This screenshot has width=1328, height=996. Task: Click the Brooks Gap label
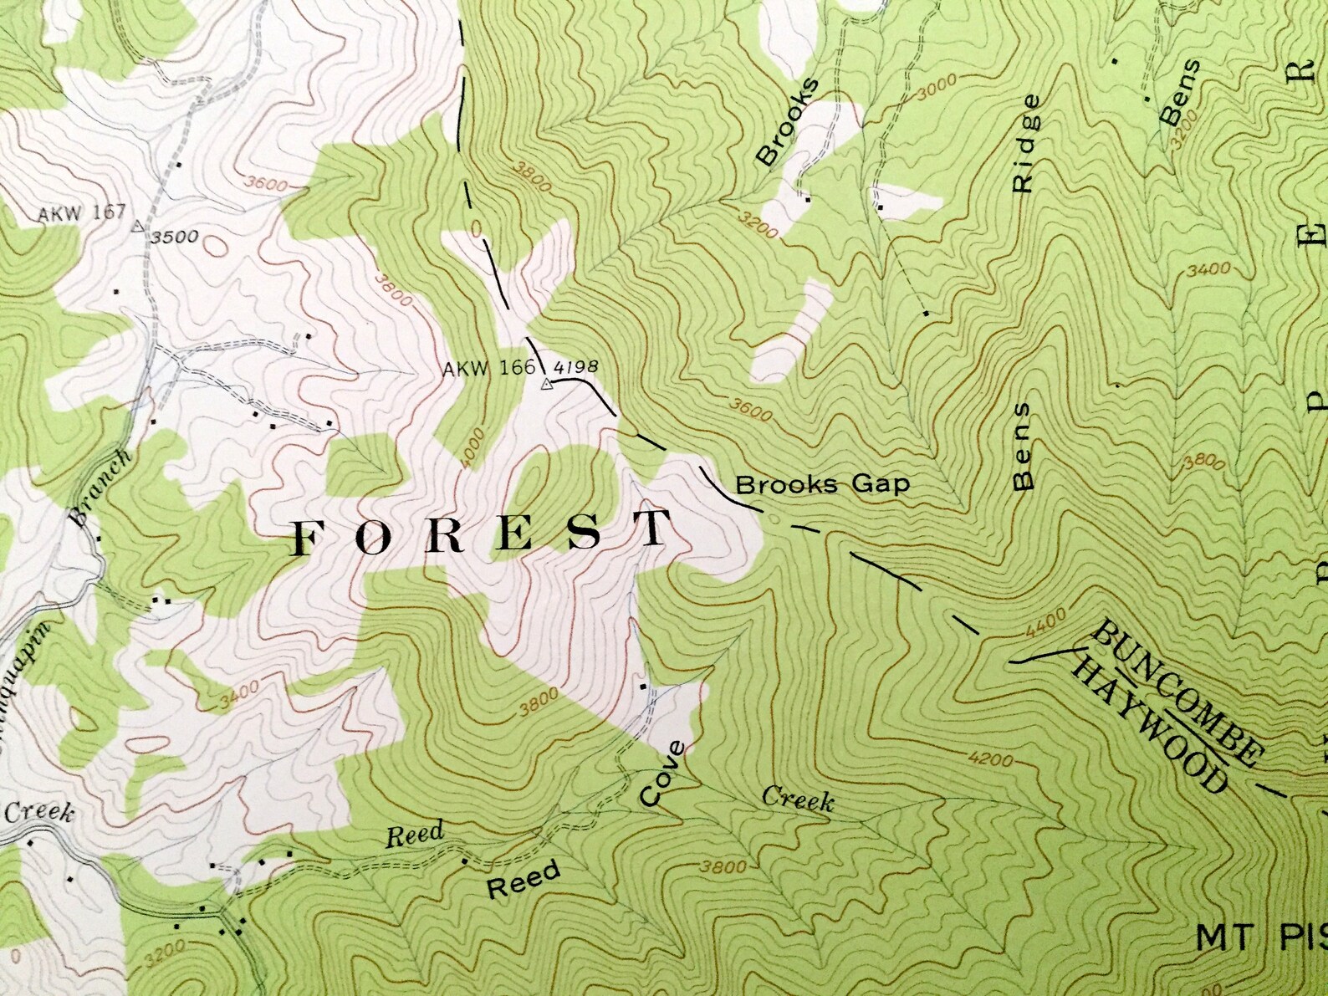821,484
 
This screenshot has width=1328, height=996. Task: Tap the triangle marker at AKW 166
546,385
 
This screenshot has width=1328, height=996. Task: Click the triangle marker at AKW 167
139,227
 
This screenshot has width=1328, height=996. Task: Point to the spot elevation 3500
175,237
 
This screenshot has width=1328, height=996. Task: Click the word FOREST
483,534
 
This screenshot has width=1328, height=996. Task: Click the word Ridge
1026,144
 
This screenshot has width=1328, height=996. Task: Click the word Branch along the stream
100,487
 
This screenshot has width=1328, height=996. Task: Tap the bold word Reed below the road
524,879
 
